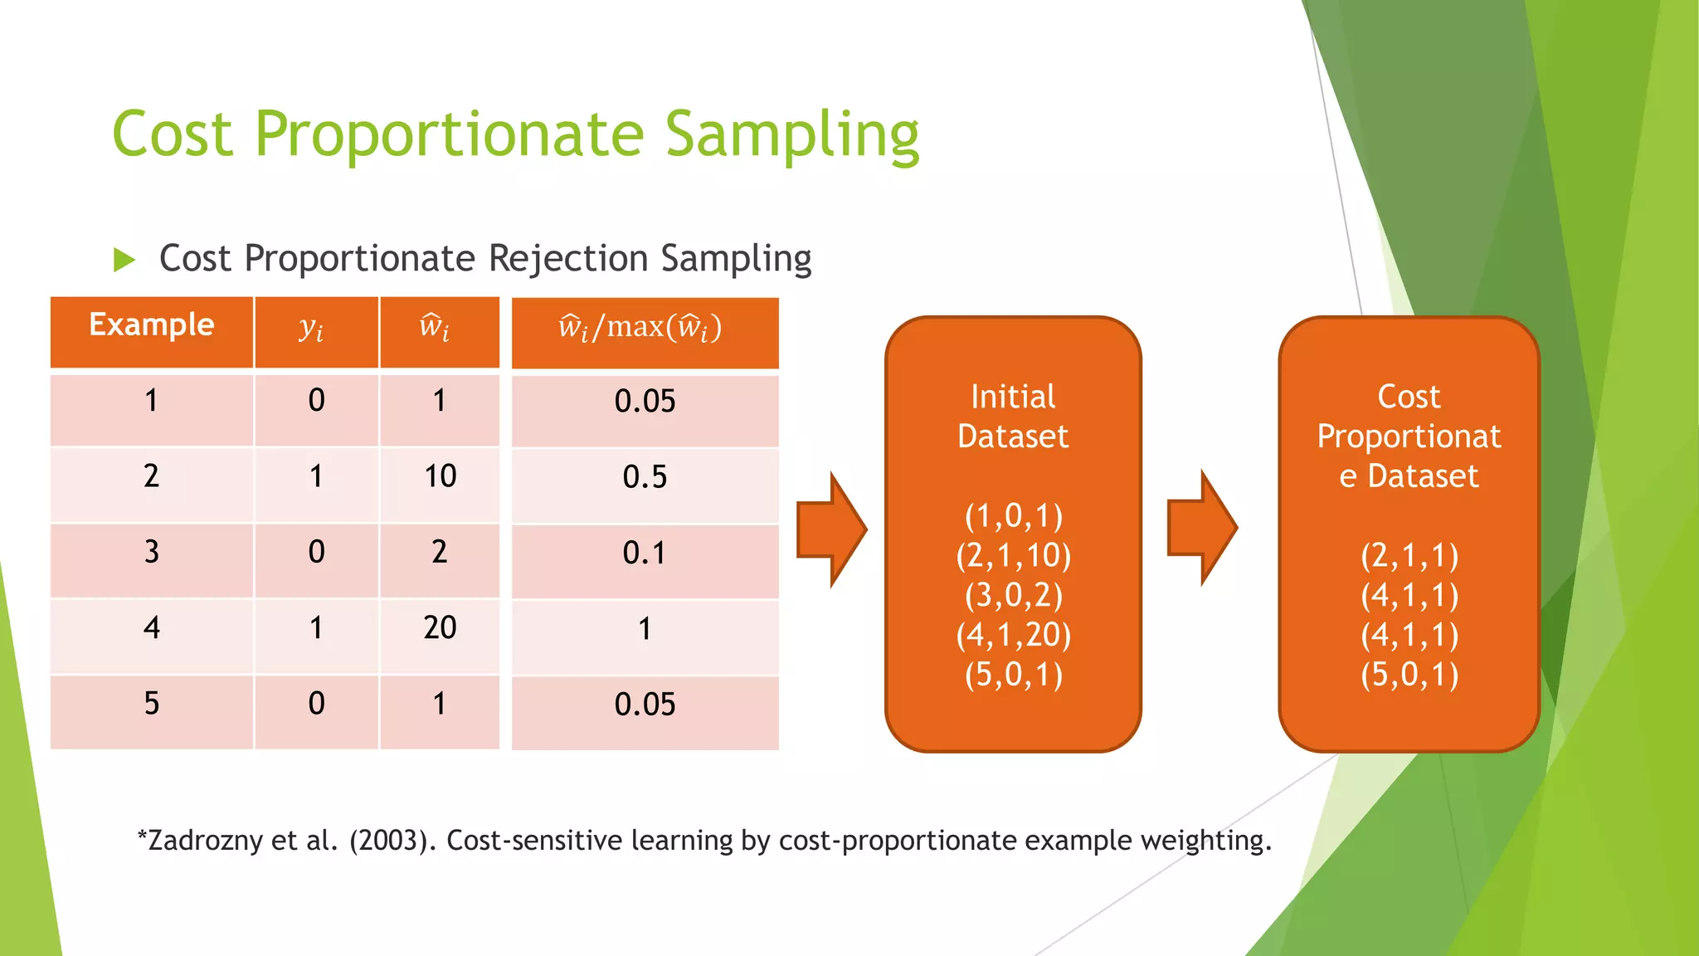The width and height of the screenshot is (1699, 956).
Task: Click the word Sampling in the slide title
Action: click(792, 135)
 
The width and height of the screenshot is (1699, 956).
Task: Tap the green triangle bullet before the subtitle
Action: click(124, 260)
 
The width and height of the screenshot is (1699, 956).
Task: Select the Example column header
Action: click(151, 325)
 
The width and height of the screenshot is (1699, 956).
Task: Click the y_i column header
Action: click(312, 329)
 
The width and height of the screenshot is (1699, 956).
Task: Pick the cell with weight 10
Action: click(440, 477)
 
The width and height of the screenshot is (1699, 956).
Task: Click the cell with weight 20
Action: click(440, 628)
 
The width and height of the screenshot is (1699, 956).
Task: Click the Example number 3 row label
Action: click(151, 553)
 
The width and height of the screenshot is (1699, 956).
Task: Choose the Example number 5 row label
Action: click(151, 704)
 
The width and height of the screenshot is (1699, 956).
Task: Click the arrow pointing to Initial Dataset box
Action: click(831, 529)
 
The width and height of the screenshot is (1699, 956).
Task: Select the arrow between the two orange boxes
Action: click(1202, 528)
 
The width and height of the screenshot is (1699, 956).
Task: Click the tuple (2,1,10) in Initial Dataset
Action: click(1013, 555)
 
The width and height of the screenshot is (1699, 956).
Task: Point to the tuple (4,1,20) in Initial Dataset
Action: click(1013, 635)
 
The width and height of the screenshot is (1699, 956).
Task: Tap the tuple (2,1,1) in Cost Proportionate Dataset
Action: click(1409, 555)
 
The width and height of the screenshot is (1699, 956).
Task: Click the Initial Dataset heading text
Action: click(1013, 417)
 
